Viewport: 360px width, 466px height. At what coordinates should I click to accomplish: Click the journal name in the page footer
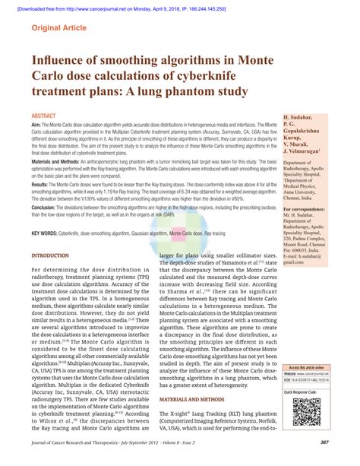(x=114, y=453)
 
